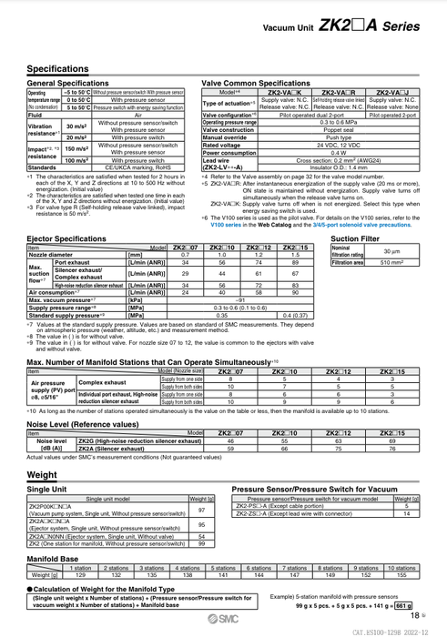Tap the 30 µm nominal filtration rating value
(x=391, y=250)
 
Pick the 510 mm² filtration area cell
(x=391, y=262)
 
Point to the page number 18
(x=414, y=616)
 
